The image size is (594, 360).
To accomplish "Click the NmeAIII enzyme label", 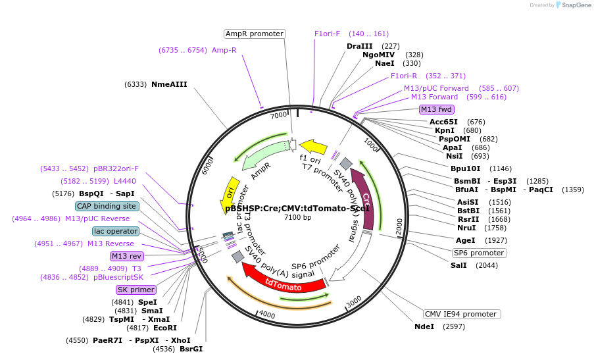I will (x=169, y=84).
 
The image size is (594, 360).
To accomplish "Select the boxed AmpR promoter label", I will (x=254, y=34).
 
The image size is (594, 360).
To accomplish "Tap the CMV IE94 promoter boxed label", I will (x=460, y=314).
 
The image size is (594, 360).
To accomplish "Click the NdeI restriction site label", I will (x=424, y=326).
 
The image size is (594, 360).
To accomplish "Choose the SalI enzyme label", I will (x=458, y=265).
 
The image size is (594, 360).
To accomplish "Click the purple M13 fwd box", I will (x=437, y=109).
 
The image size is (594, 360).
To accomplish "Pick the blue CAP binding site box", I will (x=107, y=206).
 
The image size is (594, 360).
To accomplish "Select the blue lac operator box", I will (x=116, y=231).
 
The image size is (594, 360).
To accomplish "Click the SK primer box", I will (x=136, y=290).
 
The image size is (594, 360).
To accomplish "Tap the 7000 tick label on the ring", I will (x=278, y=115).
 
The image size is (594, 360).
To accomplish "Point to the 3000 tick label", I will (x=354, y=301).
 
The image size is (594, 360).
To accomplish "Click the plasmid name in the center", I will (x=297, y=208).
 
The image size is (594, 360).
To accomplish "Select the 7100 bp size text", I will (x=297, y=217).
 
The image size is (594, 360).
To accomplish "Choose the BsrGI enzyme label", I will (x=191, y=349).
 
